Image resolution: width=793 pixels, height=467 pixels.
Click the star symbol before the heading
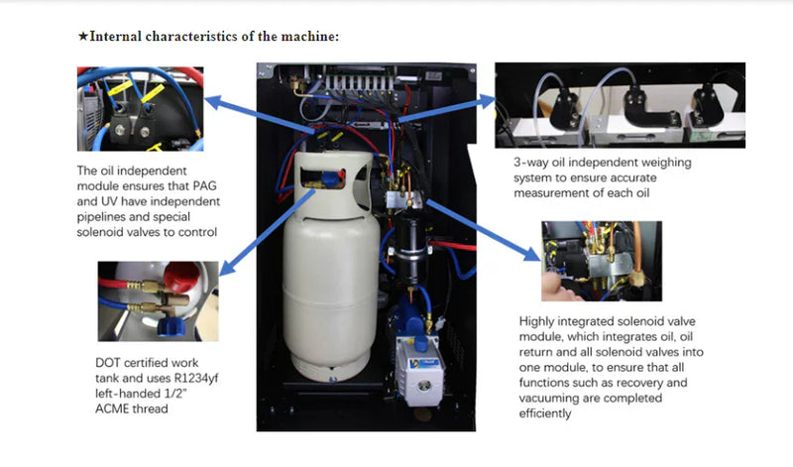coord(83,37)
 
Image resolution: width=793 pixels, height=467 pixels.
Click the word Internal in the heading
coord(119,37)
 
